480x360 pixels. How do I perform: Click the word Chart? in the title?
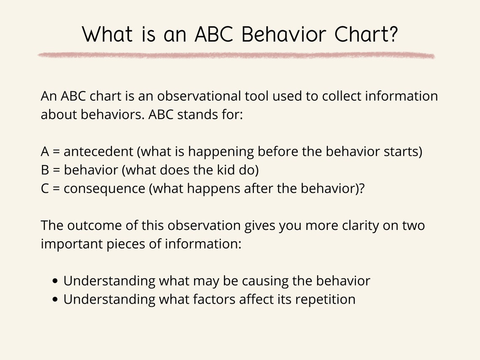[x=365, y=35]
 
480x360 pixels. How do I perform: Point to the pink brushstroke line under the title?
[x=236, y=55]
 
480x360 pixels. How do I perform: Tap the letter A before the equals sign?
[x=45, y=152]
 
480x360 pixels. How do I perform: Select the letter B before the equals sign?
[x=45, y=170]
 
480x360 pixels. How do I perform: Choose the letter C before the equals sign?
[x=45, y=189]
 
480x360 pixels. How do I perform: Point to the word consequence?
[x=104, y=189]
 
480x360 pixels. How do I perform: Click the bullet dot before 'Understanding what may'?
[x=56, y=281]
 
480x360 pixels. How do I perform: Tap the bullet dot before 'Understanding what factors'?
[x=56, y=300]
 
